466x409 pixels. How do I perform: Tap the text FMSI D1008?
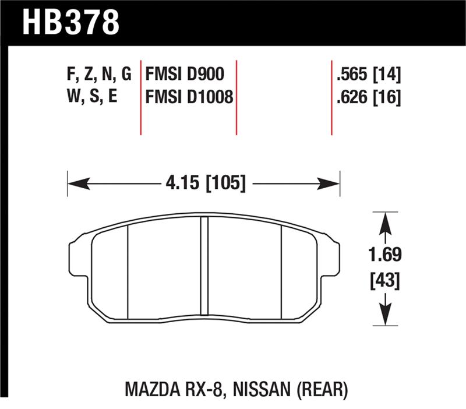pos(188,97)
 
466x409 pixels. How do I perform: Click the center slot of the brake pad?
pos(204,265)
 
